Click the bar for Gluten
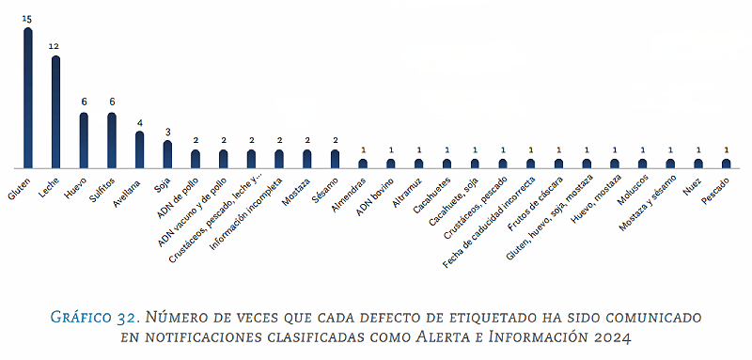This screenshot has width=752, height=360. [28, 98]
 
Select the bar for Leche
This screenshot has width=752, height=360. [55, 112]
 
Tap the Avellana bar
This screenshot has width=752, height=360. [139, 149]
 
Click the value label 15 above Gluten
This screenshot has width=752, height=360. [28, 18]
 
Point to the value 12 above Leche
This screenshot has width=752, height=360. [55, 46]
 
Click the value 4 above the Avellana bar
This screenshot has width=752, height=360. [139, 121]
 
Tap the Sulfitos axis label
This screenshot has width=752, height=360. [102, 185]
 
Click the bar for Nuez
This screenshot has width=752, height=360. [698, 163]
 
